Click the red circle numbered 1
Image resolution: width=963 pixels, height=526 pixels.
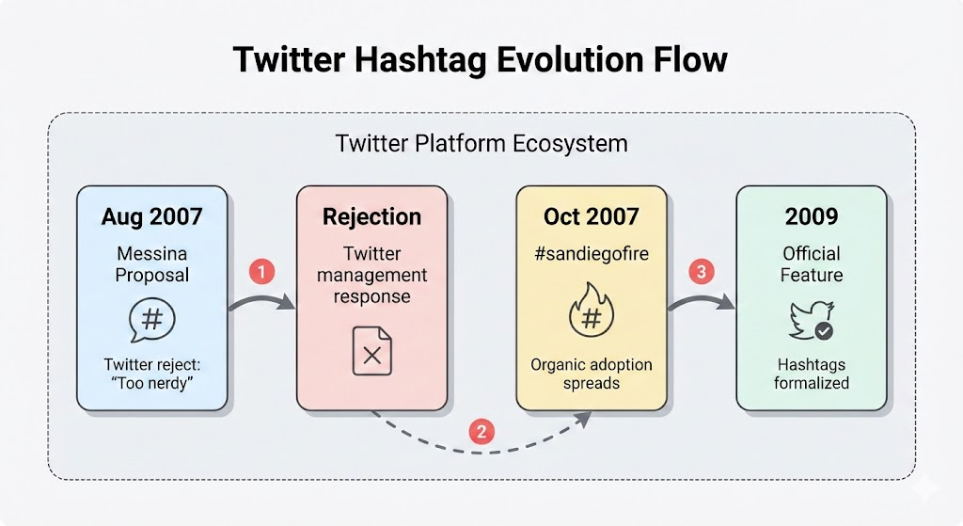[261, 271]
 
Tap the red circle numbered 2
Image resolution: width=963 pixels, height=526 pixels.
[481, 431]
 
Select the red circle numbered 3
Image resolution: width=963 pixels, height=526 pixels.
[702, 271]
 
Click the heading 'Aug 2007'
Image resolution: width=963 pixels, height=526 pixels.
[151, 216]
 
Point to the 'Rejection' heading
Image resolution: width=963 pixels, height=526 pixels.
[371, 217]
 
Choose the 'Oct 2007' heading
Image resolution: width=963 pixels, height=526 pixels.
[592, 216]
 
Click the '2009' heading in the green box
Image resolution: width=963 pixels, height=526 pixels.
[812, 216]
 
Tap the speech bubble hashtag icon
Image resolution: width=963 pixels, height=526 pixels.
[152, 320]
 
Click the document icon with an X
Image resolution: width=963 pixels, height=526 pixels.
[371, 351]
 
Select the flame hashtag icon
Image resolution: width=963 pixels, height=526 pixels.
[592, 310]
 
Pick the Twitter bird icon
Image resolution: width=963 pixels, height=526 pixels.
[812, 320]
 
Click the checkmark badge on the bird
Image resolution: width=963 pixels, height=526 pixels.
[824, 331]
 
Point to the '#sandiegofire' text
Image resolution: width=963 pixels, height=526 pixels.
[592, 254]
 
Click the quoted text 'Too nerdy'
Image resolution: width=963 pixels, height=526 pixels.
[152, 383]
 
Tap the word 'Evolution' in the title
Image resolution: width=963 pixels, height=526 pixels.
[571, 60]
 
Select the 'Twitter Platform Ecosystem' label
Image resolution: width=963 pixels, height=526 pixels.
[481, 144]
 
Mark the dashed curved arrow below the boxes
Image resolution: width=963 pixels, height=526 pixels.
[481, 443]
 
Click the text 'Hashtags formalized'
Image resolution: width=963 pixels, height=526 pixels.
[812, 374]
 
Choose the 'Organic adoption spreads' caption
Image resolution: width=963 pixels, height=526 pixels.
[592, 374]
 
